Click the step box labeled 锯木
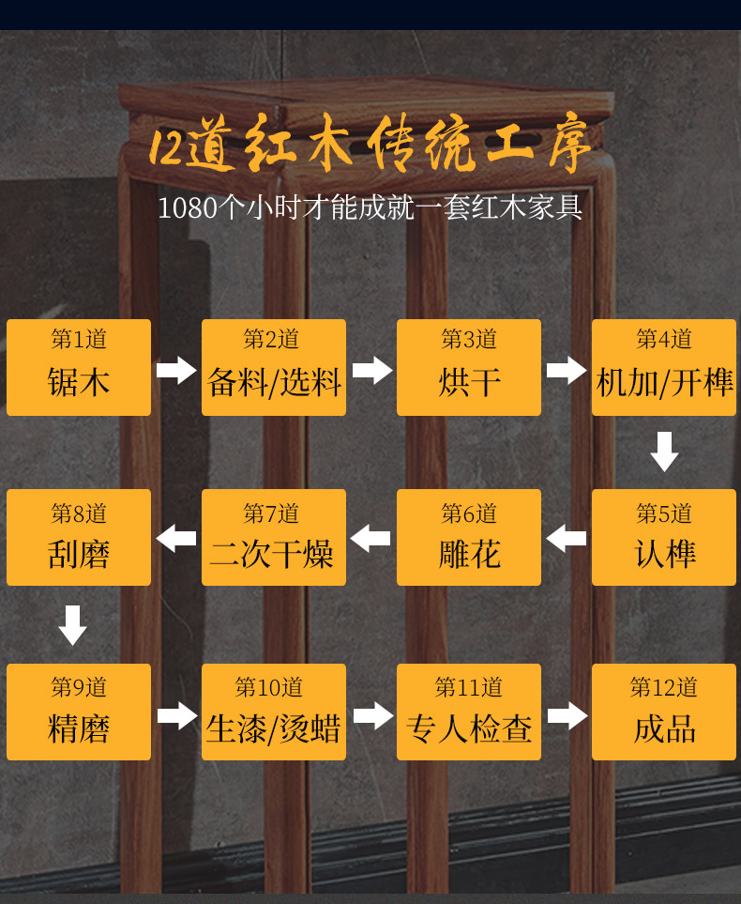coord(79,367)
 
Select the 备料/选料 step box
coord(274,367)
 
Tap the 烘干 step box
coord(469,367)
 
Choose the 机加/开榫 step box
coord(664,367)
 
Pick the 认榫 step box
coord(664,537)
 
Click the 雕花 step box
coord(469,537)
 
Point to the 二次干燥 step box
coord(274,537)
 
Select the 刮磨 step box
coord(79,537)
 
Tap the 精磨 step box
coord(79,712)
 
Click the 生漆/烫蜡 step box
coord(274,712)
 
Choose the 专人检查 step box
coord(469,712)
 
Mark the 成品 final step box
coord(664,712)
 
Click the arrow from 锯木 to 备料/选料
coord(176,370)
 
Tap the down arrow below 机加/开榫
coord(664,452)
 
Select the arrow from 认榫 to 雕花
coord(567,539)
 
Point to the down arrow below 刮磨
coord(72,625)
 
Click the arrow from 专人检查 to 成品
coord(567,716)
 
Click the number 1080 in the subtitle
coord(188,207)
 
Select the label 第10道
coord(269,687)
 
